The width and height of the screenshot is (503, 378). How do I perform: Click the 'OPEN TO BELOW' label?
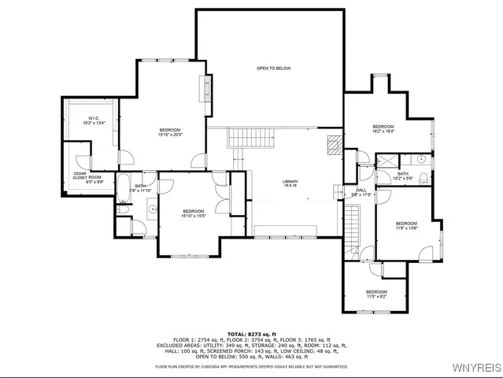pos(273,69)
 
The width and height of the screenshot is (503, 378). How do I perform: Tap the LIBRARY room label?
pos(290,184)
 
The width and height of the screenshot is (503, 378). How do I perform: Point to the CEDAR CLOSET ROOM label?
pos(87,177)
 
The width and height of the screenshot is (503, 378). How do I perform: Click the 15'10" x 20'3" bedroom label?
pos(170,132)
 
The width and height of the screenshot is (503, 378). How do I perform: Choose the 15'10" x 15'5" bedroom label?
pos(194,213)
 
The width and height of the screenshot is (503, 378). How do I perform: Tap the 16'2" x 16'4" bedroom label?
pos(383,129)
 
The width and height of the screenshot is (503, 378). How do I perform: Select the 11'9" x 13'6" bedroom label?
pos(406,226)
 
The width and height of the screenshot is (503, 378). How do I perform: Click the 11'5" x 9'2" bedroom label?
pos(376,295)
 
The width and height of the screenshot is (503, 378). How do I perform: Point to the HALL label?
pos(361,192)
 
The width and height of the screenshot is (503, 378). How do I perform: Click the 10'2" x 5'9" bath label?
pos(403,176)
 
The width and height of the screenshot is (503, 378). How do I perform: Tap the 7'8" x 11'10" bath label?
pos(139,188)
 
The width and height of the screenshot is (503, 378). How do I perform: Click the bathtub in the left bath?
pos(124,187)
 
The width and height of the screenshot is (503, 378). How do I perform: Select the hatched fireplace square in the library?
pos(334,143)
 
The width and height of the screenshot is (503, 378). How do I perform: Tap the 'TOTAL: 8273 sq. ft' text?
pos(252,335)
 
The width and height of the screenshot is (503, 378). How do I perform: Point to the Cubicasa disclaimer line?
pos(251,366)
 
